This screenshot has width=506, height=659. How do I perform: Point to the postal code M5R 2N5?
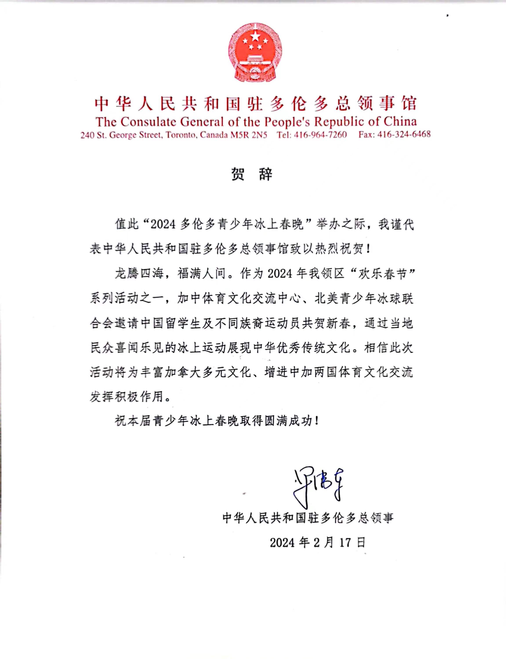click(249, 135)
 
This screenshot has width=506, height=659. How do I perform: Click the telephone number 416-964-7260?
click(321, 135)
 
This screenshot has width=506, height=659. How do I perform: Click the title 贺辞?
click(252, 174)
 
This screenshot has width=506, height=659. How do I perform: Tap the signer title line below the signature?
click(308, 518)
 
